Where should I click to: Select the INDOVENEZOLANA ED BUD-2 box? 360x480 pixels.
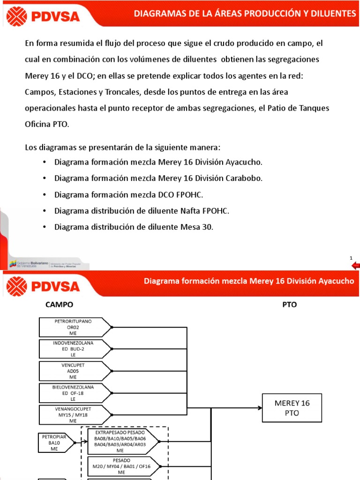(74, 349)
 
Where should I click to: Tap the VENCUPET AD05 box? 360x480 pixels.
(74, 371)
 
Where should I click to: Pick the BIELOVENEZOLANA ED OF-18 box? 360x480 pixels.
(74, 393)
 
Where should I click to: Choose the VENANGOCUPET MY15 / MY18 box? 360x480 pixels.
(74, 414)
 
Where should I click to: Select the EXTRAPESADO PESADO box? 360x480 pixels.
(122, 440)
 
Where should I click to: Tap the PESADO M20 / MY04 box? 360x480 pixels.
(122, 466)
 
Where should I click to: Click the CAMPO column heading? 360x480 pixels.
(59, 305)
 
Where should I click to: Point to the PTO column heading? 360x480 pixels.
(289, 305)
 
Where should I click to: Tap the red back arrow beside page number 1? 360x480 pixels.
(355, 266)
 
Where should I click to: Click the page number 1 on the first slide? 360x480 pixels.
(351, 258)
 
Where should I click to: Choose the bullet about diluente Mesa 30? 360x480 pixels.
(134, 227)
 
